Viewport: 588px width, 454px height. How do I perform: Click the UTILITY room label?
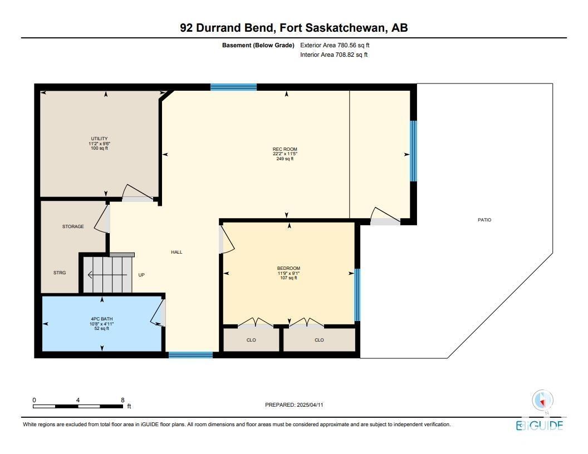[x=99, y=139]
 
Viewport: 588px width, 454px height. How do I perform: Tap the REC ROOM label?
[x=285, y=149]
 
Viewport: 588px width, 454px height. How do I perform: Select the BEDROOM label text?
[x=289, y=268]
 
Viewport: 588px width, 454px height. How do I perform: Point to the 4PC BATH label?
[x=102, y=319]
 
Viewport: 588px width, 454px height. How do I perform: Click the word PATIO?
[x=484, y=220]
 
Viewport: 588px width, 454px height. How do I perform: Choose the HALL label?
[x=177, y=252]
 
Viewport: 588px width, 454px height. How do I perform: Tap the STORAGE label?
[x=73, y=226]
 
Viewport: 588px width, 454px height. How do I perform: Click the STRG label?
[x=60, y=273]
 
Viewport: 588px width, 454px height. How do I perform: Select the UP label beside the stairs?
[x=141, y=275]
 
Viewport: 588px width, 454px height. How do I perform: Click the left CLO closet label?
[x=251, y=340]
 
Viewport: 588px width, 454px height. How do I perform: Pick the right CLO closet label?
[x=319, y=340]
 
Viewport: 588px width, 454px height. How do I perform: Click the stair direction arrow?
[x=107, y=275]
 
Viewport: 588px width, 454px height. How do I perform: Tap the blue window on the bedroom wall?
[x=357, y=295]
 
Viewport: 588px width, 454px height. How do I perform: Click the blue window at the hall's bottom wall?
[x=191, y=355]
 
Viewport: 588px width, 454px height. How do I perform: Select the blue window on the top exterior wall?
[x=234, y=87]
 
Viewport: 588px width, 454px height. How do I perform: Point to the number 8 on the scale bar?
[x=122, y=400]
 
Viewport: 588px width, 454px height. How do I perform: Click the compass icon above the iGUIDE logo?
[x=542, y=401]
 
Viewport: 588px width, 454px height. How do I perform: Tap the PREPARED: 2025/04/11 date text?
[x=294, y=405]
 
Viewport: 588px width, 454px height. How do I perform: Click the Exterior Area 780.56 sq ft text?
[x=335, y=45]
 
